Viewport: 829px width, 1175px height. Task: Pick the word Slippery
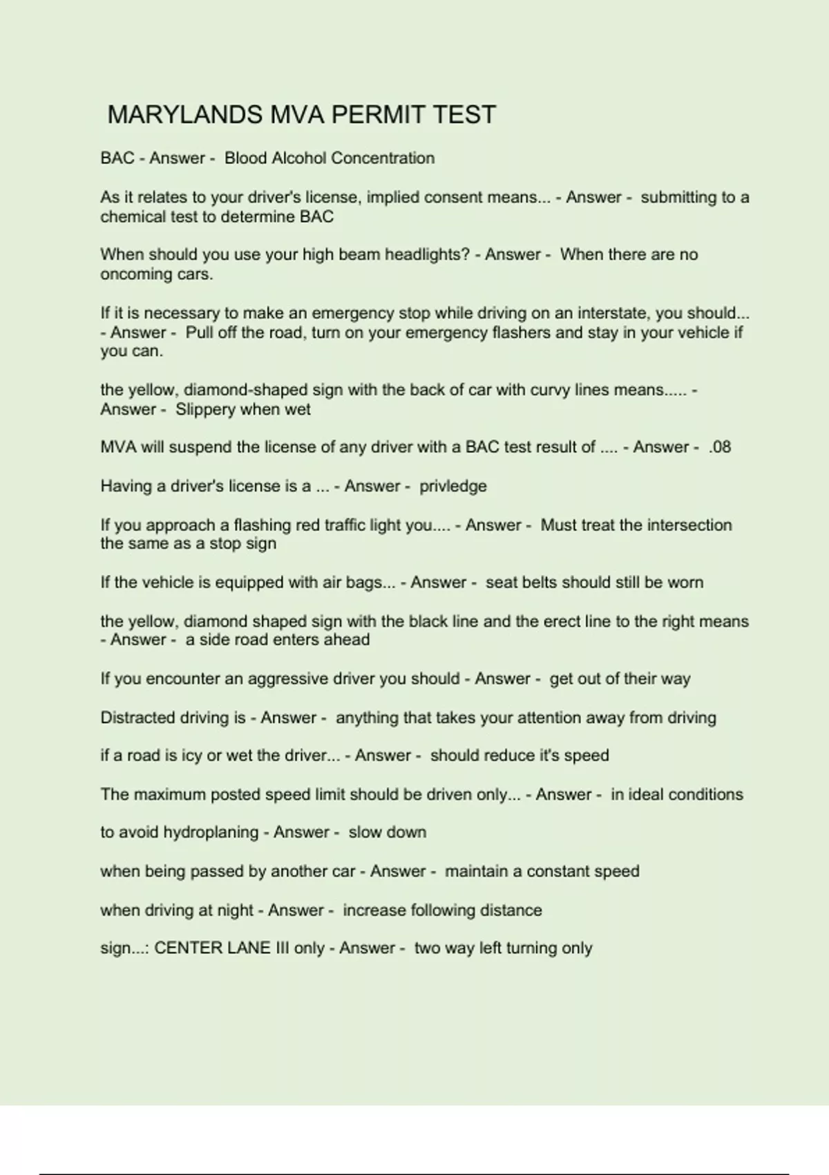[x=205, y=409]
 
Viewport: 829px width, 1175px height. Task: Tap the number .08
[x=720, y=447]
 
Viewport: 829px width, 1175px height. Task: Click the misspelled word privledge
[x=452, y=486]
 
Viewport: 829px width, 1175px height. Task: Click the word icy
[x=191, y=755]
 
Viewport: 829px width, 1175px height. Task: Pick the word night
[x=236, y=910]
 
